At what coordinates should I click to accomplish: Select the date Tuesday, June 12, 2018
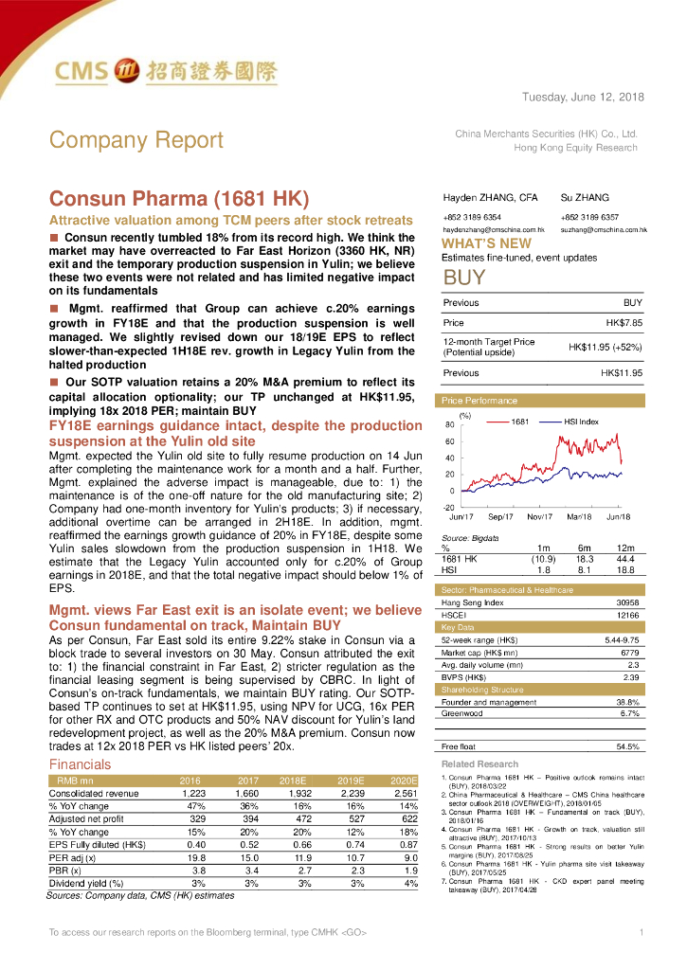[x=583, y=98]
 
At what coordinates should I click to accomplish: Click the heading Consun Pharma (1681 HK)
[x=179, y=199]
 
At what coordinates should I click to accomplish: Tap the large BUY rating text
[x=464, y=278]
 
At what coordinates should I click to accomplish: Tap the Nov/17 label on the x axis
[x=539, y=516]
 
